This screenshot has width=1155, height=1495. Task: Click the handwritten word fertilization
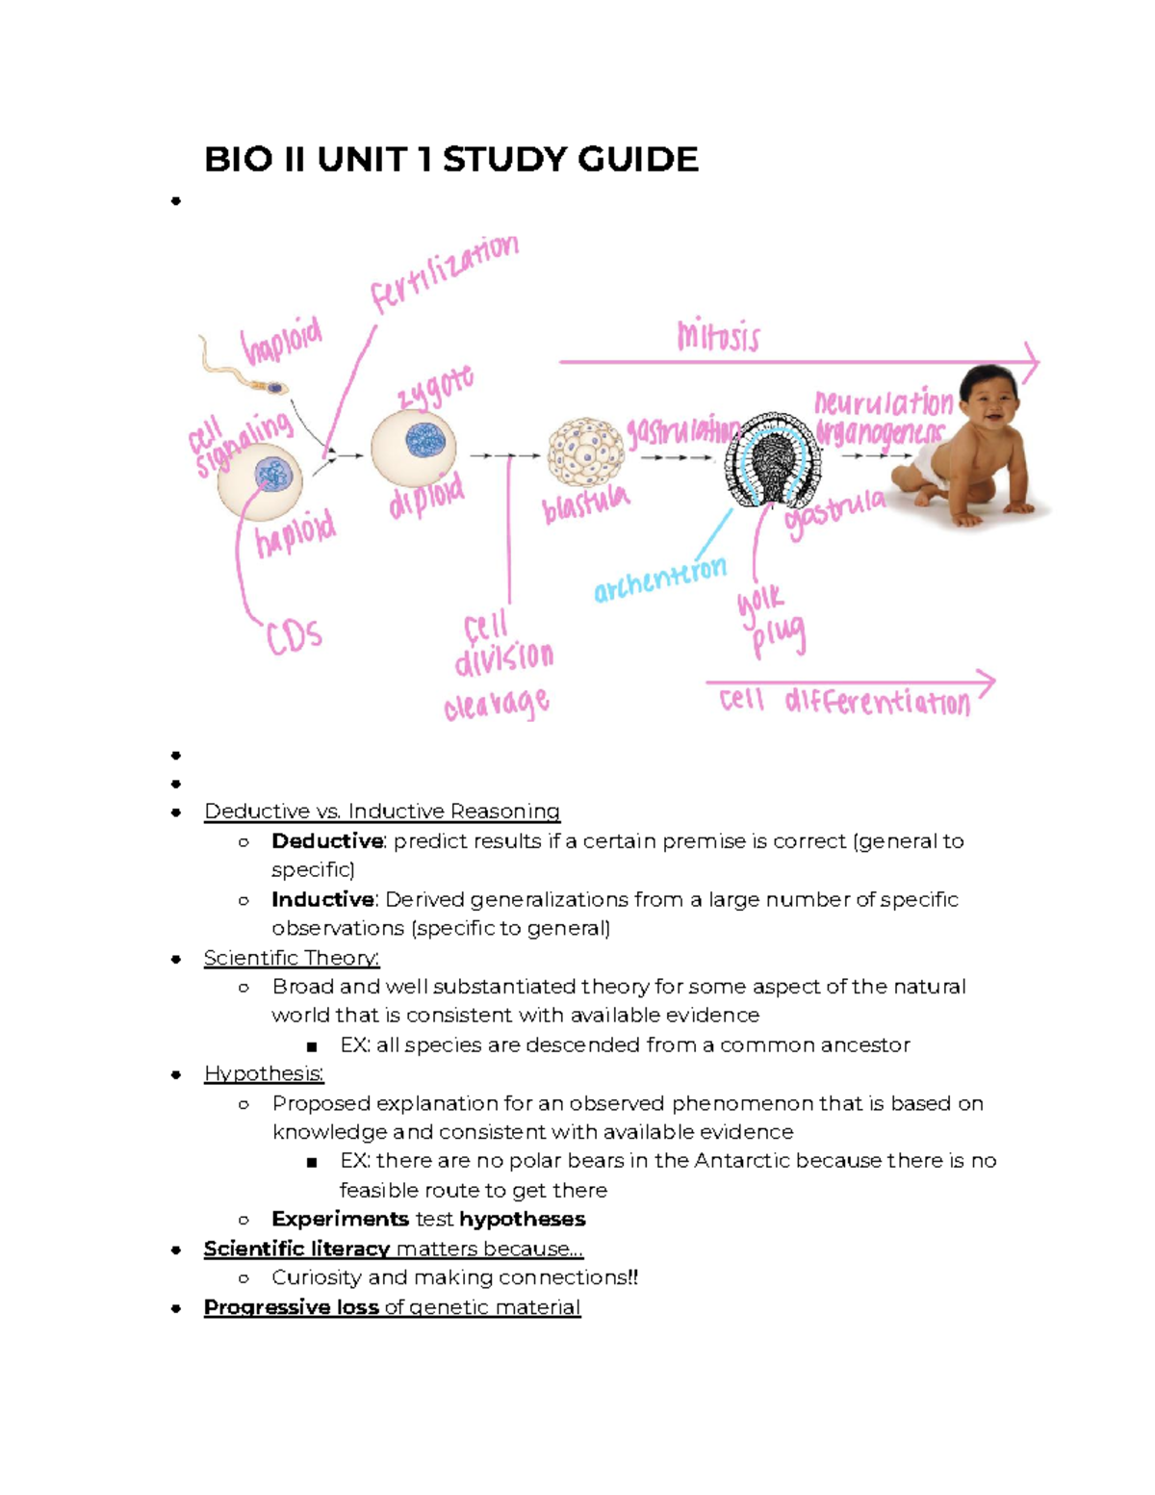[x=445, y=273]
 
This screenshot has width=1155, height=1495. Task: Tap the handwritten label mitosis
[x=718, y=336]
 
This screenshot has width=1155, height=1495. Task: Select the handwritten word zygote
[x=435, y=388]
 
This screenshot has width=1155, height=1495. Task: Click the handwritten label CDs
[x=294, y=636]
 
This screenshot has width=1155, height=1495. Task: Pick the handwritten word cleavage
[x=497, y=705]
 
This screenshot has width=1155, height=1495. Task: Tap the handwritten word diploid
[x=426, y=497]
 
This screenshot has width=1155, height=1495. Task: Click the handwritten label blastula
[x=585, y=503]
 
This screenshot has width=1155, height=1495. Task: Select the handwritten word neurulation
[x=883, y=403]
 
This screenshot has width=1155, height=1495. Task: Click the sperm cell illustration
[x=245, y=371]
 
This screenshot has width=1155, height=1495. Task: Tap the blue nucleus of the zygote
[x=425, y=440]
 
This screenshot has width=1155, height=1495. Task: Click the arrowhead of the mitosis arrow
[x=1031, y=362]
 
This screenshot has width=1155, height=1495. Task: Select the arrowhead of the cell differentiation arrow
[x=986, y=683]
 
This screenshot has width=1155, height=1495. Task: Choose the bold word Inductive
[x=322, y=899]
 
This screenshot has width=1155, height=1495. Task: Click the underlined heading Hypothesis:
[x=264, y=1073]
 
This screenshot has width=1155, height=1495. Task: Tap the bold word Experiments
[x=340, y=1219]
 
